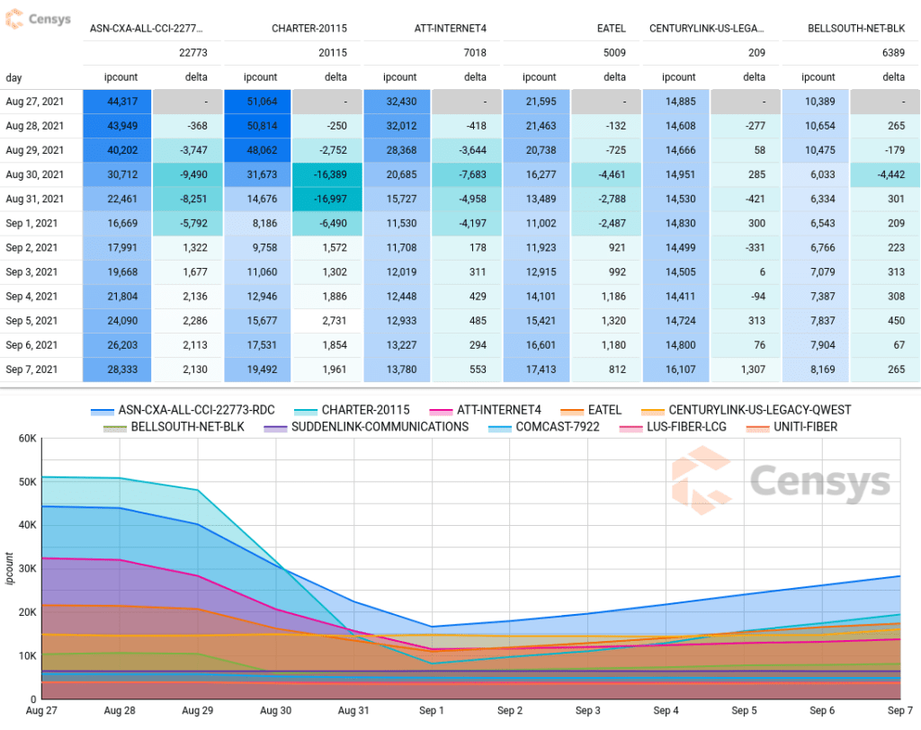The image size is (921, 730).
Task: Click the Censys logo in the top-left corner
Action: (x=39, y=19)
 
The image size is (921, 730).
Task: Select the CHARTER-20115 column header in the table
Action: (x=308, y=29)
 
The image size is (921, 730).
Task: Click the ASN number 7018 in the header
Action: (x=474, y=53)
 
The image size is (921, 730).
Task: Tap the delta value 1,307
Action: (x=747, y=369)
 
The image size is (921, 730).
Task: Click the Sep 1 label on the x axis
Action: (x=432, y=711)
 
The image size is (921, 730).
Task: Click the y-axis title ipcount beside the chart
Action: (x=10, y=568)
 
